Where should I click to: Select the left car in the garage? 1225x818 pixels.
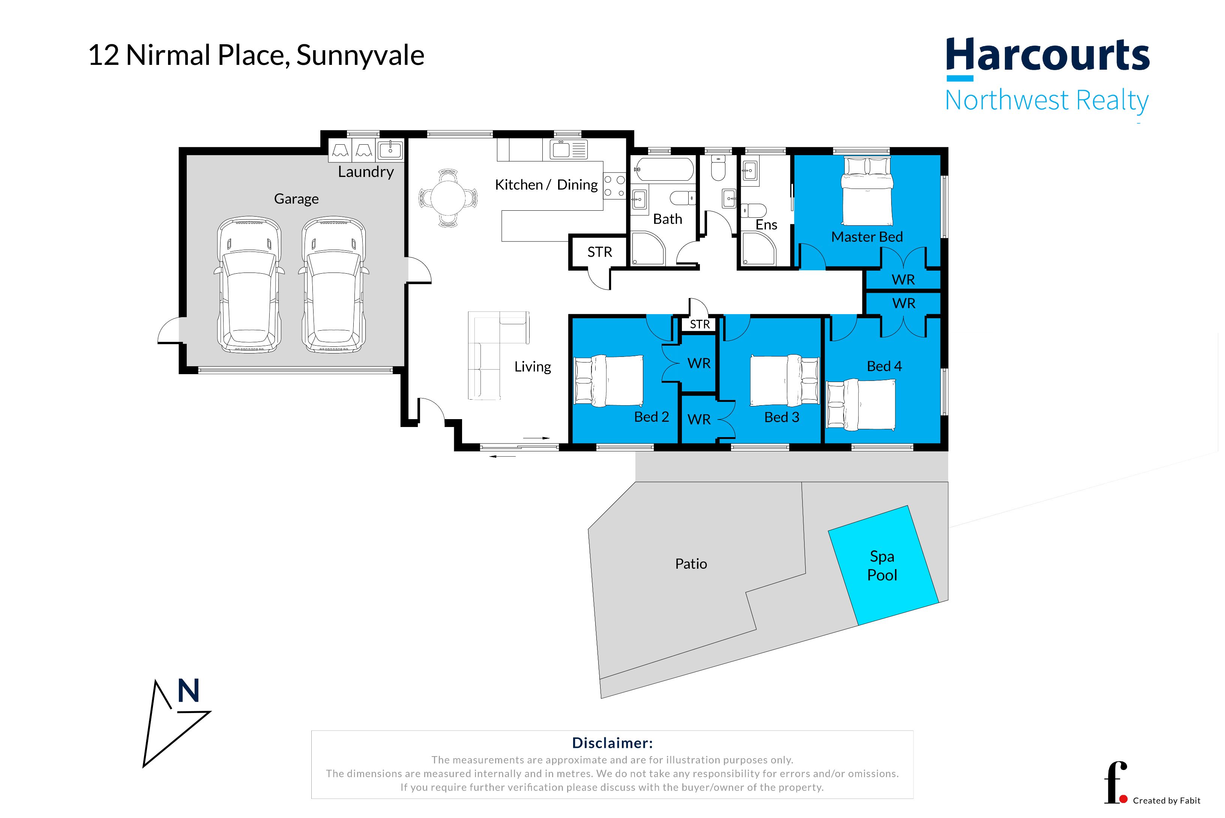(x=249, y=284)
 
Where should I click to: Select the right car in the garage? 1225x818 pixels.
(x=333, y=284)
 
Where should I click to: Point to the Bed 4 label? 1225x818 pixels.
(x=884, y=366)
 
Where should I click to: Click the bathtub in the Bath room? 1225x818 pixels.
(x=664, y=169)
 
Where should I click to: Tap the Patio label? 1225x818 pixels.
(x=691, y=564)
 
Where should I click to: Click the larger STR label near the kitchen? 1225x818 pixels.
(x=599, y=252)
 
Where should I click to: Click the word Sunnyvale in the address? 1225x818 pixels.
(x=360, y=55)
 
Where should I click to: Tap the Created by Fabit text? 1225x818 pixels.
(x=1166, y=800)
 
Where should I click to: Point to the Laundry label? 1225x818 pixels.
(x=365, y=172)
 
